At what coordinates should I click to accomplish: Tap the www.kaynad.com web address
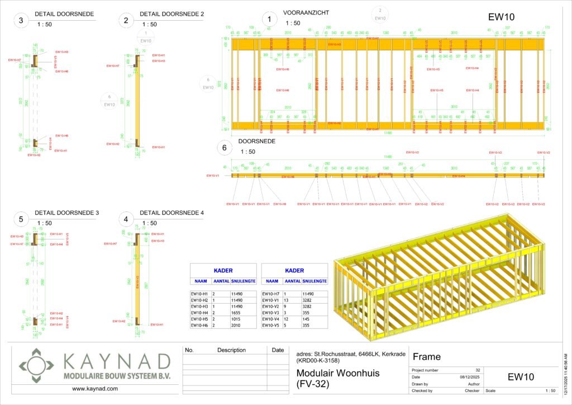click(x=95, y=388)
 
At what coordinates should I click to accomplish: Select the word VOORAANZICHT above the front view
click(x=306, y=12)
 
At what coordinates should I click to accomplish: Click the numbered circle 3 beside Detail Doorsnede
click(x=21, y=21)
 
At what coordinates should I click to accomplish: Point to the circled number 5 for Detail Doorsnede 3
click(x=21, y=220)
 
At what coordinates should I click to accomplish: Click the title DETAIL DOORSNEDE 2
click(x=171, y=13)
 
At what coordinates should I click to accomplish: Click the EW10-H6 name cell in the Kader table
click(x=199, y=325)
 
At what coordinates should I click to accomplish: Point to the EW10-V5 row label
click(x=273, y=325)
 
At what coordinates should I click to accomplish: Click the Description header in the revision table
click(x=231, y=350)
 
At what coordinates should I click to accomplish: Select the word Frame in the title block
click(x=427, y=357)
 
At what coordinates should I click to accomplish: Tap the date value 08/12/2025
click(x=466, y=377)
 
